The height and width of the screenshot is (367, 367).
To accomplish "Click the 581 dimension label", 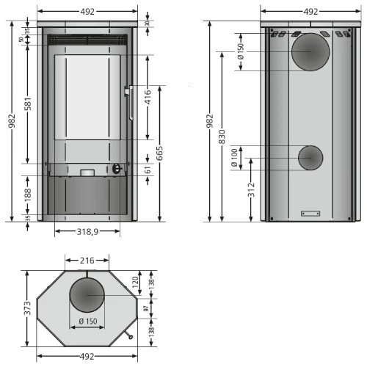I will tap(29, 105).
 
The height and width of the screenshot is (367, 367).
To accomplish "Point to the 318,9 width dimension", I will tap(87, 231).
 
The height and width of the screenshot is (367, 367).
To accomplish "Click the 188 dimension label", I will tap(29, 195).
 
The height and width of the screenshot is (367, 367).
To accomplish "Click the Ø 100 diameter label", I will tap(235, 158).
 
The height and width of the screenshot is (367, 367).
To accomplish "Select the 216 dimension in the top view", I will tap(87, 261).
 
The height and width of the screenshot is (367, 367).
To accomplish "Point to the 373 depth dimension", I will tap(29, 308).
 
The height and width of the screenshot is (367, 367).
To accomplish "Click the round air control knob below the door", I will tap(116, 168).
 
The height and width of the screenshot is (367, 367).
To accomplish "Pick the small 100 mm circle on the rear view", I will tap(310, 157).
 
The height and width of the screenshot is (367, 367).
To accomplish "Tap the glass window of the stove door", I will tap(87, 97).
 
